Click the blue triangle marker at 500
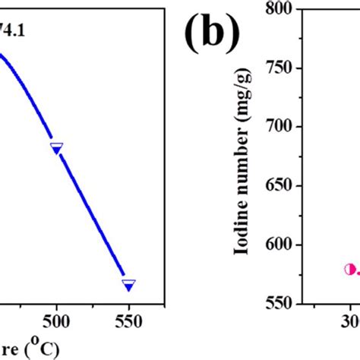pyautogui.click(x=56, y=148)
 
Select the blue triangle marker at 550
pyautogui.click(x=128, y=284)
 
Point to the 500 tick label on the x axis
pyautogui.click(x=56, y=321)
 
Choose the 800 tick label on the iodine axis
pyautogui.click(x=280, y=8)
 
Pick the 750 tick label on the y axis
pyautogui.click(x=280, y=68)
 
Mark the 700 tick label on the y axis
pyautogui.click(x=280, y=126)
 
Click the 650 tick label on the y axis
pyautogui.click(x=280, y=185)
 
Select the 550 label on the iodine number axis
pyautogui.click(x=280, y=303)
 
